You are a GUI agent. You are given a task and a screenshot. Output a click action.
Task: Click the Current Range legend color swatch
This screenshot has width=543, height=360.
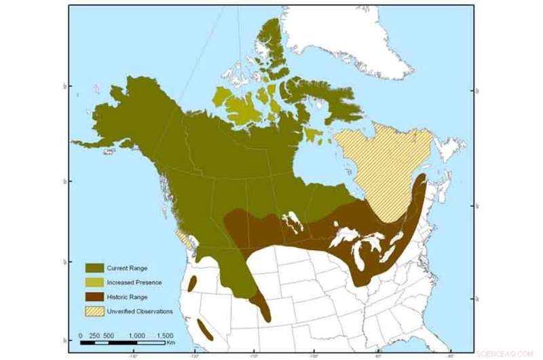pos(94,268)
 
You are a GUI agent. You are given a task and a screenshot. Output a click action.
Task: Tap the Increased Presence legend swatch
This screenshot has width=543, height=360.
pos(94,283)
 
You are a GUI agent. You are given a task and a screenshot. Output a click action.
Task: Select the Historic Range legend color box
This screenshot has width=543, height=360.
pos(94,297)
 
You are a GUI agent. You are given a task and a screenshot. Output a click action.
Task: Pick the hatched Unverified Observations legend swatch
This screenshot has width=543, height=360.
pos(94,312)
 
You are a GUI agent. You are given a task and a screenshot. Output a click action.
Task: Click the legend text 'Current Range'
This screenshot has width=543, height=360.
pos(127,268)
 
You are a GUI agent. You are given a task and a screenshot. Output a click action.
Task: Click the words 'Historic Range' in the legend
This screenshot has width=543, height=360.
pos(127,297)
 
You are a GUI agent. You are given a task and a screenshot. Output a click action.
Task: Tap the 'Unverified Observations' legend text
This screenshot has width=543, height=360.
pos(140,312)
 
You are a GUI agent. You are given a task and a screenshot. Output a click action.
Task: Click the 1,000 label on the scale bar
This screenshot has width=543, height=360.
pos(137,336)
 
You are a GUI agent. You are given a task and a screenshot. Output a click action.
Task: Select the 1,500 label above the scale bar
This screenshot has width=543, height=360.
pos(164,336)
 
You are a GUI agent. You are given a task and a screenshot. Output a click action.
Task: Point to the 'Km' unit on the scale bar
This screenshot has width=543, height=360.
pos(170,344)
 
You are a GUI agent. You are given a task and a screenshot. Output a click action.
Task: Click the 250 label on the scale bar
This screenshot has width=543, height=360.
pos(94,336)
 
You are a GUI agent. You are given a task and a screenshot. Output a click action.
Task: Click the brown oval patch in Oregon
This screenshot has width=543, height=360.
pos(192,285)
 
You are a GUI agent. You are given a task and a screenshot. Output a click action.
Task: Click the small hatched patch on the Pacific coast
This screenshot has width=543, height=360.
pos(183,238)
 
